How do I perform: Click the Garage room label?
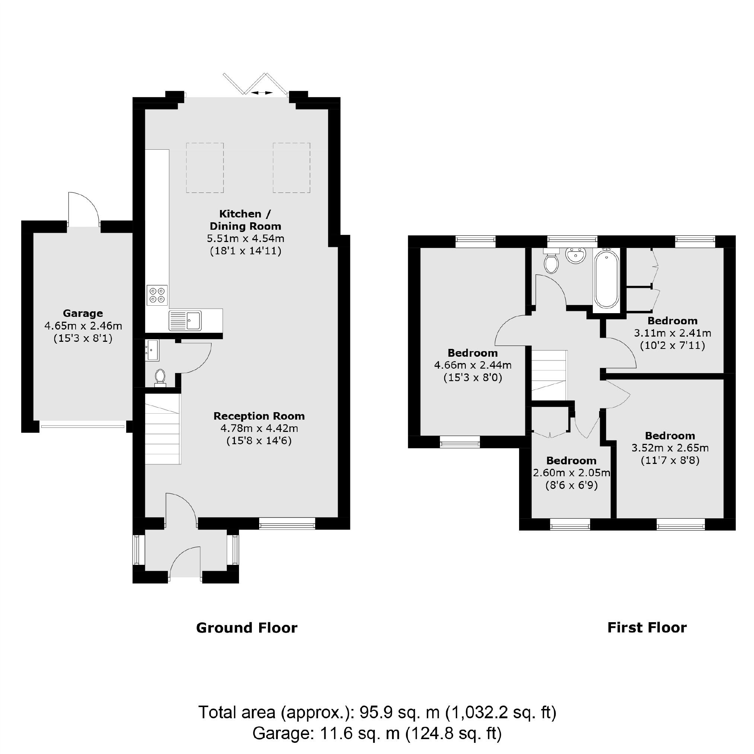pyautogui.click(x=83, y=314)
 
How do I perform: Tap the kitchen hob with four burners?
pyautogui.click(x=157, y=295)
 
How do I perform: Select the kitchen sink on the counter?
pyautogui.click(x=185, y=321)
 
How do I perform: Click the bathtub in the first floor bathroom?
pyautogui.click(x=606, y=279)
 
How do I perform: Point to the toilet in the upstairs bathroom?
pyautogui.click(x=551, y=263)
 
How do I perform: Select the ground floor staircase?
pyautogui.click(x=163, y=429)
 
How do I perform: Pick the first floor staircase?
pyautogui.click(x=549, y=375)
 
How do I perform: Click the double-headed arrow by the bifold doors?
pyautogui.click(x=261, y=92)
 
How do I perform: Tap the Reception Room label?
pyautogui.click(x=259, y=416)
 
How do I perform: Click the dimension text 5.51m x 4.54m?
pyautogui.click(x=245, y=238)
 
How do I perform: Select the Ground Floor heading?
pyautogui.click(x=246, y=628)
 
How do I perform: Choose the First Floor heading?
pyautogui.click(x=647, y=628)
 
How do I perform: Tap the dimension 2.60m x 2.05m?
pyautogui.click(x=571, y=473)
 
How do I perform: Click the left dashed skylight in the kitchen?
pyautogui.click(x=205, y=168)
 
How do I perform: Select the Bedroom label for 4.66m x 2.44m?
pyautogui.click(x=473, y=353)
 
